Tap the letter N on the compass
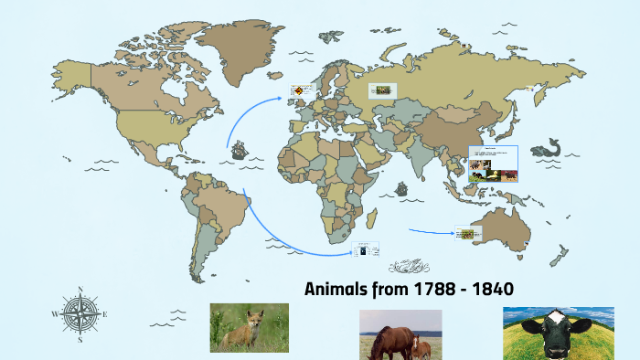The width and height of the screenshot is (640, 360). point(80,291)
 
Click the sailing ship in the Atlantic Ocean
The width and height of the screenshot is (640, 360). point(240,149)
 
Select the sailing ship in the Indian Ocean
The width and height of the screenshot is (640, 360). point(400,189)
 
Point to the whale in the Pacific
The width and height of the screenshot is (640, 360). point(549,147)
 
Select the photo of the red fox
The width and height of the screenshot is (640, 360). point(249,327)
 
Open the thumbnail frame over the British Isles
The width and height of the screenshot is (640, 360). point(302,91)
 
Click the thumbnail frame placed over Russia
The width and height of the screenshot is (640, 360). point(382,90)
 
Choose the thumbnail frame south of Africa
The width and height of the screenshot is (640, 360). point(366,249)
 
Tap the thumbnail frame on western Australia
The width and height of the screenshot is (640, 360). point(468,234)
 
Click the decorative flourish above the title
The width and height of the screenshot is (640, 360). point(409,267)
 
